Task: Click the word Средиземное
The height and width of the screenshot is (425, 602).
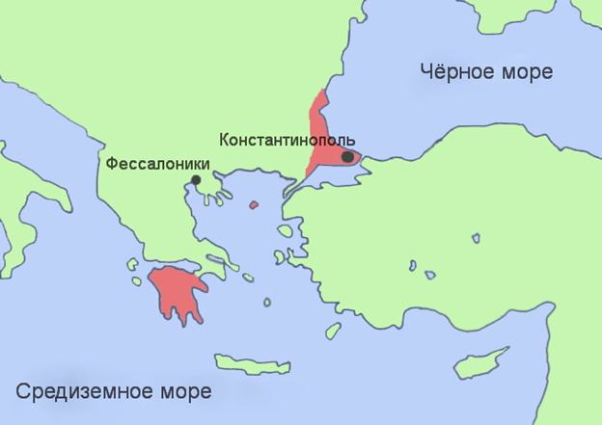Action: point(79,391)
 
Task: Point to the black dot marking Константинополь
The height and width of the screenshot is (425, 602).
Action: point(346,156)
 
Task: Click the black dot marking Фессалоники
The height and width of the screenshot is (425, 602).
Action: point(196,179)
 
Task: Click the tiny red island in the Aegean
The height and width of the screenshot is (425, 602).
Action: point(254,204)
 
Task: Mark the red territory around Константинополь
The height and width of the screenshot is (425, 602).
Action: point(318,135)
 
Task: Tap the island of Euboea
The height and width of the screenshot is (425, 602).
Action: point(231,253)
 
